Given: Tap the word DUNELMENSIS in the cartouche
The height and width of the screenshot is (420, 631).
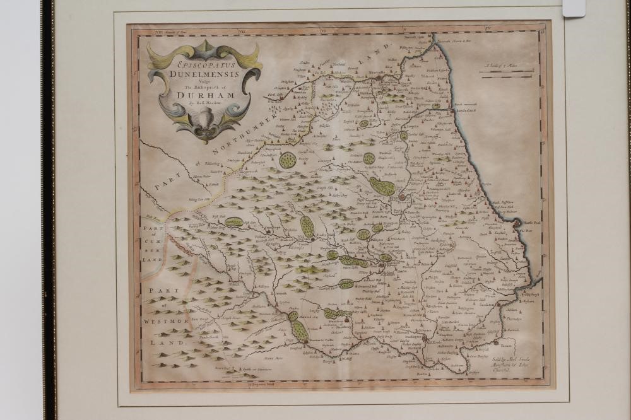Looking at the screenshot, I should pyautogui.click(x=200, y=73).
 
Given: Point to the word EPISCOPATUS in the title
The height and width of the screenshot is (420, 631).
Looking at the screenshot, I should pyautogui.click(x=201, y=64).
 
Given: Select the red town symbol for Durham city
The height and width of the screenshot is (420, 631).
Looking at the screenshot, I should pyautogui.click(x=402, y=197).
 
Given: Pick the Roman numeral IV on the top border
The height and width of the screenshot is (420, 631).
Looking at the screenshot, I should pyautogui.click(x=487, y=29).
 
